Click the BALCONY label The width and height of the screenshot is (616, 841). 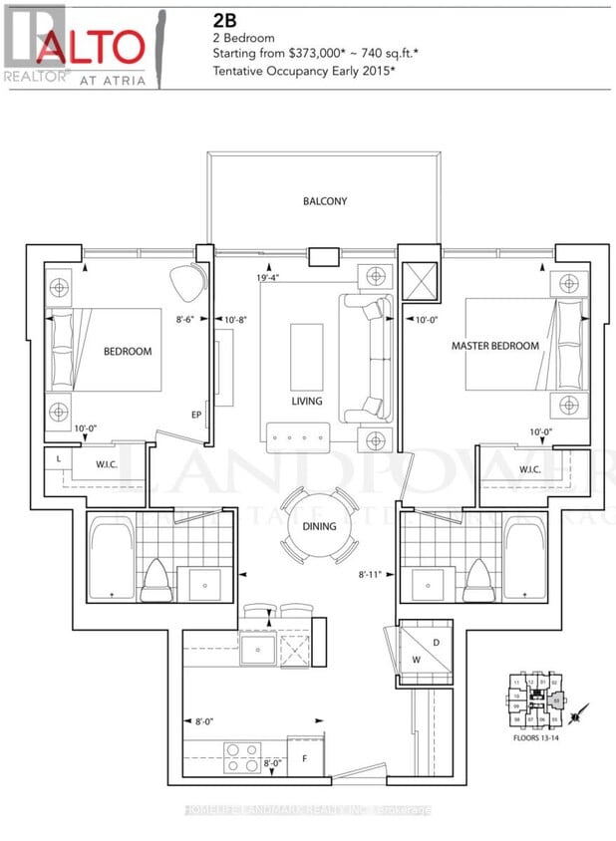point(325,201)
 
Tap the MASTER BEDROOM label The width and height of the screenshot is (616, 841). point(494,346)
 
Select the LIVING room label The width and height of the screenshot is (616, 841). point(307,401)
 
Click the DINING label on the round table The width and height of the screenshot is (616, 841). point(319,526)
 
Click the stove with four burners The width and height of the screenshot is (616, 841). point(241,754)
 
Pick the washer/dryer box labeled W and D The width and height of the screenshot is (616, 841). point(425,648)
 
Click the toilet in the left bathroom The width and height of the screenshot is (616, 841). point(156,581)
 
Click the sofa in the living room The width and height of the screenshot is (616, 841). point(366,357)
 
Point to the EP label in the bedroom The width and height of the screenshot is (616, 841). point(196,418)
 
